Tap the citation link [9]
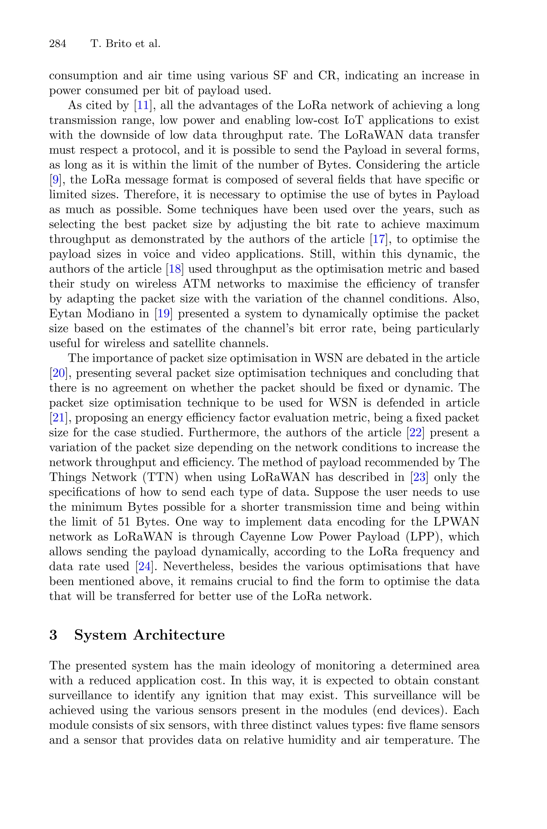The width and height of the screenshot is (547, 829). pyautogui.click(x=55, y=180)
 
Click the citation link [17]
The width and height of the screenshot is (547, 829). pyautogui.click(x=378, y=239)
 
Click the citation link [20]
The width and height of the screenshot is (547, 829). pyautogui.click(x=58, y=373)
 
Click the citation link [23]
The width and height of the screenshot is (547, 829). pyautogui.click(x=419, y=477)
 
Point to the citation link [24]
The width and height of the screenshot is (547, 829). pyautogui.click(x=144, y=567)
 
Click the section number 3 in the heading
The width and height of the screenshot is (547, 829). pyautogui.click(x=53, y=635)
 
